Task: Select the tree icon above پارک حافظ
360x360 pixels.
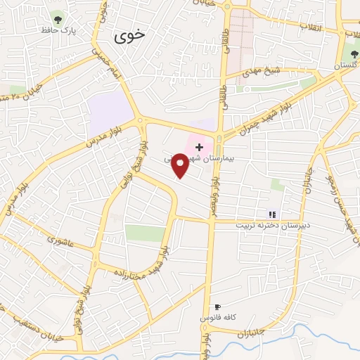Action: [x=58, y=20]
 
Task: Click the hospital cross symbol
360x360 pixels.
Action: [x=199, y=147]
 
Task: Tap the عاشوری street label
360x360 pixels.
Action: [x=60, y=240]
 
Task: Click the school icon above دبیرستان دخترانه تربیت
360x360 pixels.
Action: [x=272, y=214]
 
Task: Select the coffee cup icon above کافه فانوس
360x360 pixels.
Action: [x=217, y=307]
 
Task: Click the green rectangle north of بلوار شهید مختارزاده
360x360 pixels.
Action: [x=145, y=233]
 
